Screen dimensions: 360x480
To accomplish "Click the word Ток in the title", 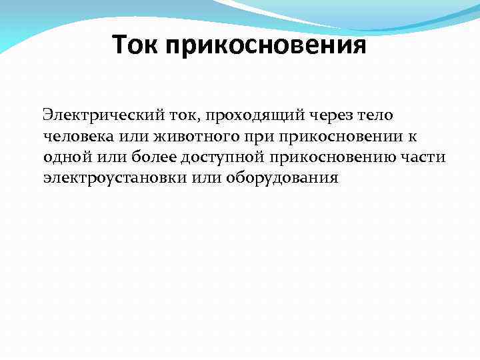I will coord(135,46).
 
